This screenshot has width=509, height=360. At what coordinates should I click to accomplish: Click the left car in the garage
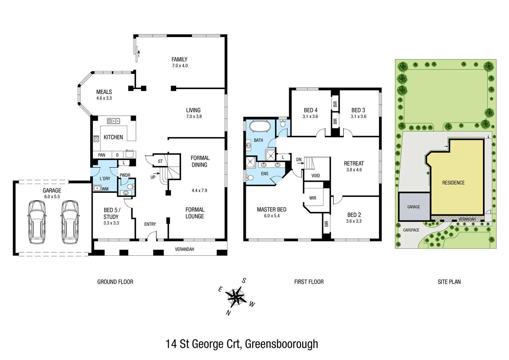pos(37,222)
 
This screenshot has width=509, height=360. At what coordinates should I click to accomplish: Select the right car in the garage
pos(70,222)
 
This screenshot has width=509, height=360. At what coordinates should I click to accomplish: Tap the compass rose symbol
pos(236,296)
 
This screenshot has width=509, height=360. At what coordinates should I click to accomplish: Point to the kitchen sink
pos(113,121)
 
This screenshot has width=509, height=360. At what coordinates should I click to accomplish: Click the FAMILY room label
pos(180,59)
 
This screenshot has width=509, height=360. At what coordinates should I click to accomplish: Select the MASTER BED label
pos(271,209)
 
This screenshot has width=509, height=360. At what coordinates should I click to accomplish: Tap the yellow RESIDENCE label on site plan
pos(453,183)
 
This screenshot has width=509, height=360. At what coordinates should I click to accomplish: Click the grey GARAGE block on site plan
pos(414,207)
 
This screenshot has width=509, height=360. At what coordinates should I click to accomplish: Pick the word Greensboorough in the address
pos(281,344)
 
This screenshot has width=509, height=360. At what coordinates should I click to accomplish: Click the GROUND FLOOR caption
pos(115,282)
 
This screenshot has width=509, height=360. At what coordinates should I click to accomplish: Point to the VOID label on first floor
pos(315,176)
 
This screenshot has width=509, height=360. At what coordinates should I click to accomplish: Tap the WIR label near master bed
pos(312,198)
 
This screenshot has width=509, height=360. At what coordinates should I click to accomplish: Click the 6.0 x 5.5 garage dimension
pos(52,197)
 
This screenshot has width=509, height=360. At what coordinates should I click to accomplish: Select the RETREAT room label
pos(354,163)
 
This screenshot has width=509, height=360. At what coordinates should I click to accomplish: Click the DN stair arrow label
pos(299,160)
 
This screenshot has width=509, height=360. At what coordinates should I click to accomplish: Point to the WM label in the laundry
pos(105,189)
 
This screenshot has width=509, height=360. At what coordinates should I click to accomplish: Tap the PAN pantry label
pos(102,155)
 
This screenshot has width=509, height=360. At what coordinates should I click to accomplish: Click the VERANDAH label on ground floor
pos(184,249)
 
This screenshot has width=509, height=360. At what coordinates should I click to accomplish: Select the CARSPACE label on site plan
pos(411,230)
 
